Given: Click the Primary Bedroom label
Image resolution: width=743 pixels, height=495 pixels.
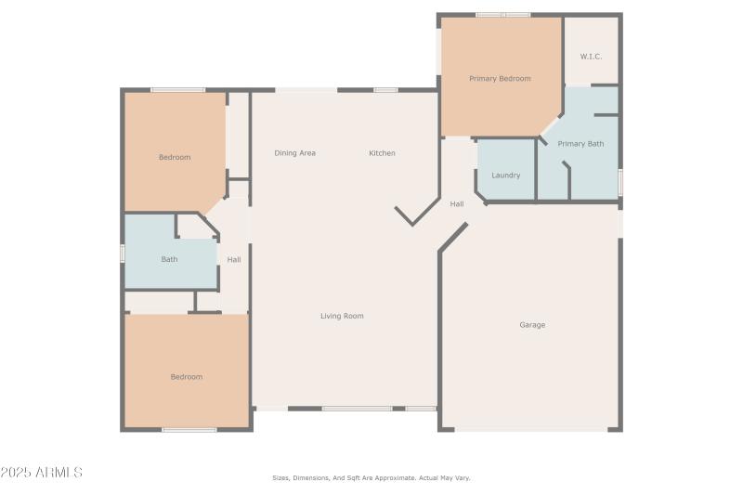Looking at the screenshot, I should tap(500, 79).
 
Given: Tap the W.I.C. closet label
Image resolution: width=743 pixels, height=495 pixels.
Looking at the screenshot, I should tap(591, 57).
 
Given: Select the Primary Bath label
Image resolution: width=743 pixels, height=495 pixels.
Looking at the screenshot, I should tap(580, 144).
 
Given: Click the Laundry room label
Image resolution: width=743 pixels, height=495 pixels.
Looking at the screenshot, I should tap(505, 175).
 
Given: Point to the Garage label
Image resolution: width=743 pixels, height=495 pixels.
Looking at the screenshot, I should tap(532, 325).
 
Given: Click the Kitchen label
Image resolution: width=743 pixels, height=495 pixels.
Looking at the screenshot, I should tap(382, 153).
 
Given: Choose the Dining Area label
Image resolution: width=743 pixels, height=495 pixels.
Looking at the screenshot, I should tap(294, 153).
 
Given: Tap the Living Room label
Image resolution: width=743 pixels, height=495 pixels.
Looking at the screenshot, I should tap(342, 316).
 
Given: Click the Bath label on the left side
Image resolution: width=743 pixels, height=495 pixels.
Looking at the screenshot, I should tap(169, 259).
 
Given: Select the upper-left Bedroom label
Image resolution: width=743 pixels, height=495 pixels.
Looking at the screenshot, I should tap(175, 158).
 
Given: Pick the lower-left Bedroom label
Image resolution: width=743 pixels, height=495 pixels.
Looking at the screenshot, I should tap(186, 377).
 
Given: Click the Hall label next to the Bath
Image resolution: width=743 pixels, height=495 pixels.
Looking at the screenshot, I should tap(234, 260).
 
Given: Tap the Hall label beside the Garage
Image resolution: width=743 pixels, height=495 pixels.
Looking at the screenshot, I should tap(457, 204).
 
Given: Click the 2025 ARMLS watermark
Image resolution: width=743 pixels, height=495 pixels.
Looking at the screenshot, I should tap(42, 473).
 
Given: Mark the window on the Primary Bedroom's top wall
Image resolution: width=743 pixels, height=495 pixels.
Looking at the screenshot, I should tap(502, 15).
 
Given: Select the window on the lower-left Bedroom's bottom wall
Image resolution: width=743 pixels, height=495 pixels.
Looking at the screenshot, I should tap(189, 429).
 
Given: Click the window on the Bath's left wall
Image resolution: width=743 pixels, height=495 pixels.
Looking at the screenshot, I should tap(123, 253).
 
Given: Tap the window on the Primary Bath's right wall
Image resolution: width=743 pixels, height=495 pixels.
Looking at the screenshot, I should tap(619, 181).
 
